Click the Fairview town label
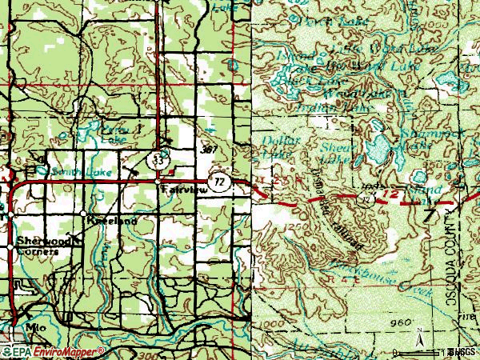click(178, 190)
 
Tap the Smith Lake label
click(71, 171)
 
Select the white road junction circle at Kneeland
click(83, 214)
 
